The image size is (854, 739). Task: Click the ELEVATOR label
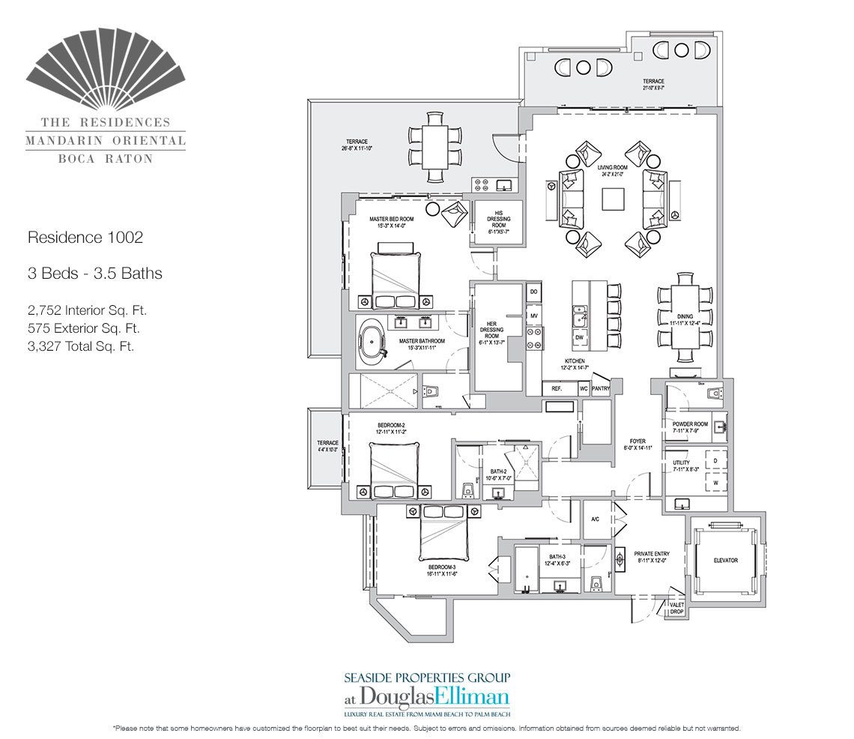pyautogui.click(x=724, y=560)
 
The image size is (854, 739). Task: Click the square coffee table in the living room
pyautogui.click(x=614, y=198)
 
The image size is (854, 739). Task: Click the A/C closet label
pyautogui.click(x=596, y=519)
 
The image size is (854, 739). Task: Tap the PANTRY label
pyautogui.click(x=600, y=389)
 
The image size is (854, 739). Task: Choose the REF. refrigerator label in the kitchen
pyautogui.click(x=557, y=389)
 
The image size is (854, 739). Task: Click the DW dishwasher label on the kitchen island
pyautogui.click(x=580, y=338)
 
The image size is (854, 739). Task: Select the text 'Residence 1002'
pyautogui.click(x=85, y=238)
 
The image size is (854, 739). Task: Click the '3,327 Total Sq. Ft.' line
pyautogui.click(x=80, y=346)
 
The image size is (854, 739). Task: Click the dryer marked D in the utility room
pyautogui.click(x=715, y=459)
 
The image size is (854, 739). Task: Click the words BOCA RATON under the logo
pyautogui.click(x=106, y=158)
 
